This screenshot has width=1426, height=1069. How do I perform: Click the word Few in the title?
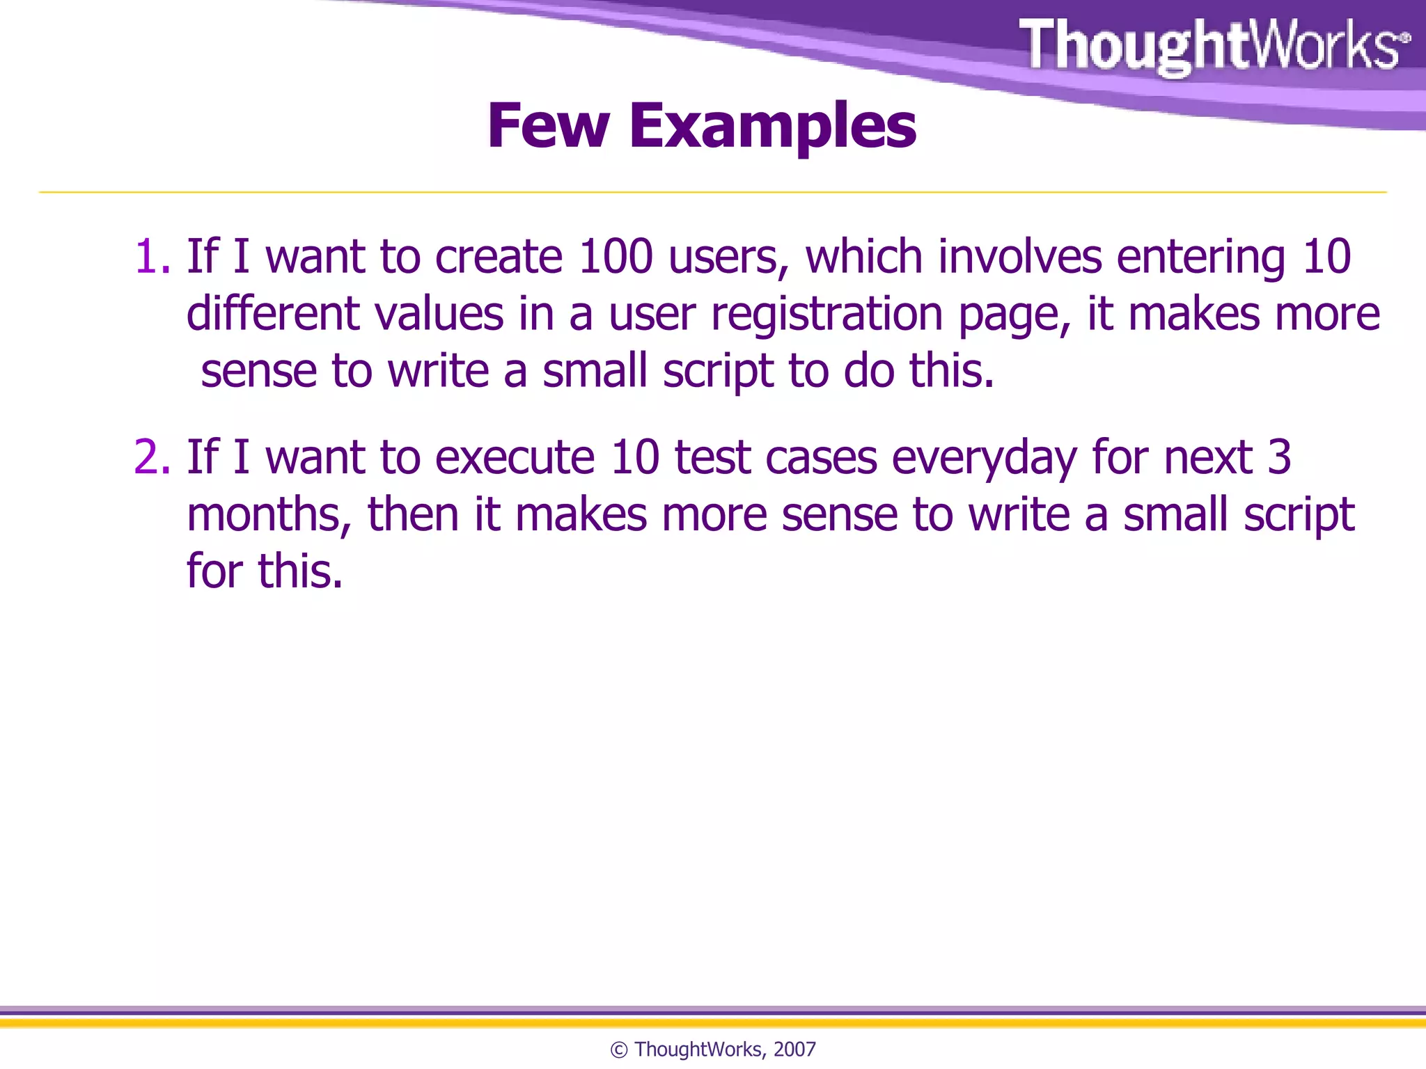tap(548, 127)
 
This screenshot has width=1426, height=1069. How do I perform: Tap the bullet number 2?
tap(151, 458)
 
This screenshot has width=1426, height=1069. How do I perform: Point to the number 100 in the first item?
tap(616, 257)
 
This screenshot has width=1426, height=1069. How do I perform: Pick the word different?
tap(273, 314)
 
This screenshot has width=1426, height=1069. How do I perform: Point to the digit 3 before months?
tap(1279, 458)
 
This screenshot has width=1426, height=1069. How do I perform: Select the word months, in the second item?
tap(269, 516)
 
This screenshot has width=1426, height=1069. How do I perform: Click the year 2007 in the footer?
tap(794, 1050)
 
